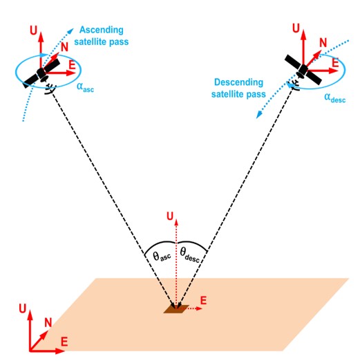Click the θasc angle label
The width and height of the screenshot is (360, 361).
click(x=162, y=256)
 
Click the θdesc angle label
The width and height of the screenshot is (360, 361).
click(x=189, y=254)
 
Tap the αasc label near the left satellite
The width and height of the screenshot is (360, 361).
click(x=85, y=87)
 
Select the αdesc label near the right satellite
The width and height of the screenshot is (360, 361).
click(x=335, y=98)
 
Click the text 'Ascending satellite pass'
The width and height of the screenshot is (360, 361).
click(x=102, y=36)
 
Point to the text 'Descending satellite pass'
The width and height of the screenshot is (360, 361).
click(x=238, y=88)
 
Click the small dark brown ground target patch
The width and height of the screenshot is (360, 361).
click(x=176, y=309)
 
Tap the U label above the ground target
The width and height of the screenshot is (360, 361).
click(x=170, y=216)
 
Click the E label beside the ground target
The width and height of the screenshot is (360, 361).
click(x=203, y=301)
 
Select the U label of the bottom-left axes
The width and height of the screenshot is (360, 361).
click(x=23, y=308)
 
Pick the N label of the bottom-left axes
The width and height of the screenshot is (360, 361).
click(x=48, y=322)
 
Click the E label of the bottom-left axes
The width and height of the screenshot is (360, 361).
click(x=64, y=342)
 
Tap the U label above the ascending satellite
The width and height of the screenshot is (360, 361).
click(x=34, y=30)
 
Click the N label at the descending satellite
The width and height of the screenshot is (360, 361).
click(x=323, y=43)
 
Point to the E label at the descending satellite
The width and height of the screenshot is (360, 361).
click(x=336, y=63)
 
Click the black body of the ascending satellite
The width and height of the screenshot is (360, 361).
click(x=41, y=73)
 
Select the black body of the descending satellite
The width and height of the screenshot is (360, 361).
click(x=303, y=70)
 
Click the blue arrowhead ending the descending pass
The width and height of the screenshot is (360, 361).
click(x=259, y=115)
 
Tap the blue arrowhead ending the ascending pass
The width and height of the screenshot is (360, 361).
click(x=70, y=30)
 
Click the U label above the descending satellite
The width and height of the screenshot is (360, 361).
click(x=296, y=28)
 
